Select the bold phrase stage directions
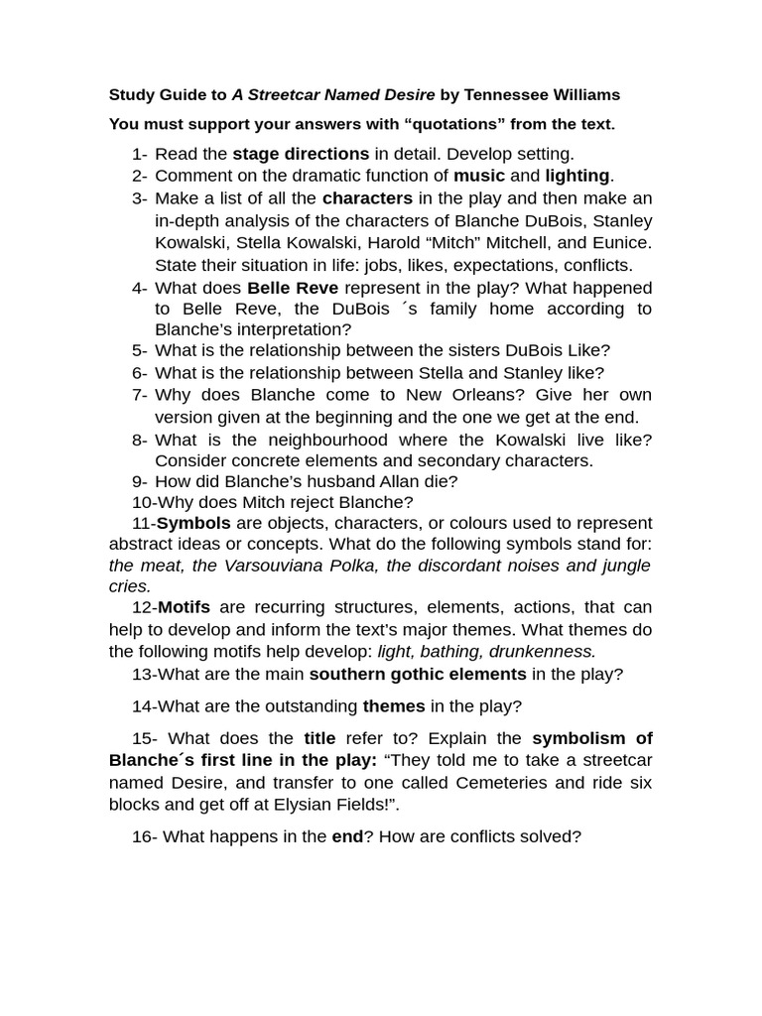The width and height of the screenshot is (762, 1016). [301, 154]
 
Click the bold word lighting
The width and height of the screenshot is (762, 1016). [577, 176]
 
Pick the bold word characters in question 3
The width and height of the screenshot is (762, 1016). [367, 198]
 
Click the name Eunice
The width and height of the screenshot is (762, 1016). [621, 242]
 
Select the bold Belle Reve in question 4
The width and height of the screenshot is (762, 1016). [293, 288]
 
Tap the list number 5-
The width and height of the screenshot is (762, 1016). [139, 350]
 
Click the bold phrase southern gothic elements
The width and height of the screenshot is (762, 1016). [418, 675]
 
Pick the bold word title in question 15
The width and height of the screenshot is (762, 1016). [319, 738]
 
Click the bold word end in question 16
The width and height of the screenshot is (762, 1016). [347, 836]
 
